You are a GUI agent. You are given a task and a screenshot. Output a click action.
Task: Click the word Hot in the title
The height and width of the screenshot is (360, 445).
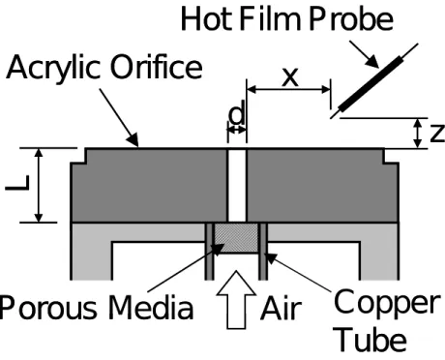click(206, 19)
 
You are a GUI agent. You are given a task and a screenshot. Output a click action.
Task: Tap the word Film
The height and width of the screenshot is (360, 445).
click(270, 19)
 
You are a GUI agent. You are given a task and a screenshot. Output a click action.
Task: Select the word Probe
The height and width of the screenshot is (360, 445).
click(351, 19)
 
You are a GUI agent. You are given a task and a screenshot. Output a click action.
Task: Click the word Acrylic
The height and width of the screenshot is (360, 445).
click(53, 69)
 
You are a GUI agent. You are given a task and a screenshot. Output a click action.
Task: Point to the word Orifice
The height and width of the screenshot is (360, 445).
click(157, 67)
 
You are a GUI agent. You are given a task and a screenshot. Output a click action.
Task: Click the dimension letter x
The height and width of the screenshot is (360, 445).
click(290, 77)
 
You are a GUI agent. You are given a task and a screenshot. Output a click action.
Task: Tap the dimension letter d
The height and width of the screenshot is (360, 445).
click(237, 113)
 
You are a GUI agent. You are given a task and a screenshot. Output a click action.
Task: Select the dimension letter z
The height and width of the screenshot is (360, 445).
click(437, 134)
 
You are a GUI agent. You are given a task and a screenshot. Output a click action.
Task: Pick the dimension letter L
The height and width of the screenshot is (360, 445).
click(17, 183)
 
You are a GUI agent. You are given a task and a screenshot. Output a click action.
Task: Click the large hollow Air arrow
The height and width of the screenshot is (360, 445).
click(236, 300)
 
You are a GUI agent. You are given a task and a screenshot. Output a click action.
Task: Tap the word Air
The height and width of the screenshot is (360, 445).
click(282, 309)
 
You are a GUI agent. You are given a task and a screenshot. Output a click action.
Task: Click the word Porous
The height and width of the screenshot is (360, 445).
click(48, 309)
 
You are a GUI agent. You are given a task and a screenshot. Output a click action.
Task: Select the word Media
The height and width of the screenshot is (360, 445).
click(151, 308)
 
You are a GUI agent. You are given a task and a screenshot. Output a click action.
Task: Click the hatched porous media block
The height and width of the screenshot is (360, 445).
click(236, 238)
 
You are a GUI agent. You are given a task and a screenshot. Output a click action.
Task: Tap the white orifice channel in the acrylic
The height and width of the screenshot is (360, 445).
click(237, 186)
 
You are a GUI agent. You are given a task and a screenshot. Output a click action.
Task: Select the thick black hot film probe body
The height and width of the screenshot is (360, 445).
click(371, 84)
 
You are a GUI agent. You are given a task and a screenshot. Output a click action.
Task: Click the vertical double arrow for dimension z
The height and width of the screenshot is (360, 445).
click(418, 134)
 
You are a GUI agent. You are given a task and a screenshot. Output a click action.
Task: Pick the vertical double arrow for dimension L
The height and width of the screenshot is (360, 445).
click(39, 185)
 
